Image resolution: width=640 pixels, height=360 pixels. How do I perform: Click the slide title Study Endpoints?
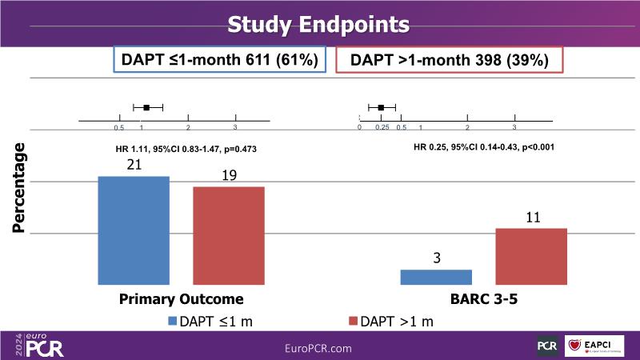319,24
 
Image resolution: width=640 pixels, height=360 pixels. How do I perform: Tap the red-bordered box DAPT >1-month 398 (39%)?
450,60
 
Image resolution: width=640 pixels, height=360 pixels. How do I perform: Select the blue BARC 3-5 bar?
436,277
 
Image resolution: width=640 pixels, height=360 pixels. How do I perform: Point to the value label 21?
133,165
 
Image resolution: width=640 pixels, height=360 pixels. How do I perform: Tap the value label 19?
229,175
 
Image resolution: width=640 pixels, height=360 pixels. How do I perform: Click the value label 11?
531,217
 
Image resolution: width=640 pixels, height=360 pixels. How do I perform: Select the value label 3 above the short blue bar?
436,258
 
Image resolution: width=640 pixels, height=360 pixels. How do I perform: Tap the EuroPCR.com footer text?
318,348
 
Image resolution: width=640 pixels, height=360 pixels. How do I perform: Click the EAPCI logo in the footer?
592,346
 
